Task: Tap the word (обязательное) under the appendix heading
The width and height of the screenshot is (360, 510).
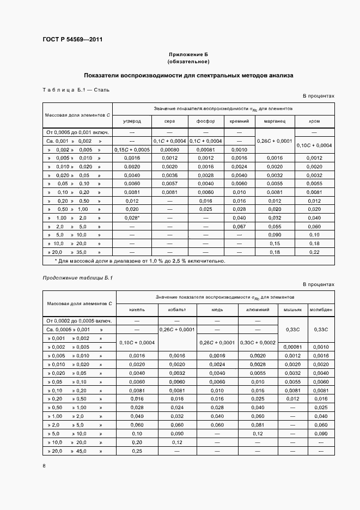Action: pos(188,62)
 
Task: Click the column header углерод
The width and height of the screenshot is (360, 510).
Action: pos(132,121)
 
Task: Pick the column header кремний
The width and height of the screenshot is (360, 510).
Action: pos(239,121)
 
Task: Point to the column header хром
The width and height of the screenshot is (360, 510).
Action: pos(314,121)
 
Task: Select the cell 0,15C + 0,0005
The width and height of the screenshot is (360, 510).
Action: pos(132,149)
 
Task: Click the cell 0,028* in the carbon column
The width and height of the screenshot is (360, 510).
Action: pos(132,217)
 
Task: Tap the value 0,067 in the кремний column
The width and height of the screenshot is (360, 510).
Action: pos(239,226)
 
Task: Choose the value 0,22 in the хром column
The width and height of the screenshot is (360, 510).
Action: pos(314,252)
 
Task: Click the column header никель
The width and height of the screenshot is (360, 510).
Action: pos(137,309)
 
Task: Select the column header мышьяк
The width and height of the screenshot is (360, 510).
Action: pos(293,309)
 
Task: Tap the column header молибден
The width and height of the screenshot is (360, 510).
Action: pos(321,309)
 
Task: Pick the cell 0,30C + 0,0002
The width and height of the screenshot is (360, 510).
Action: pos(258,342)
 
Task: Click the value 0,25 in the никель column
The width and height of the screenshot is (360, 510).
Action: pos(137,451)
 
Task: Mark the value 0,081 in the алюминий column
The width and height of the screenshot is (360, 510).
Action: pos(258,425)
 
